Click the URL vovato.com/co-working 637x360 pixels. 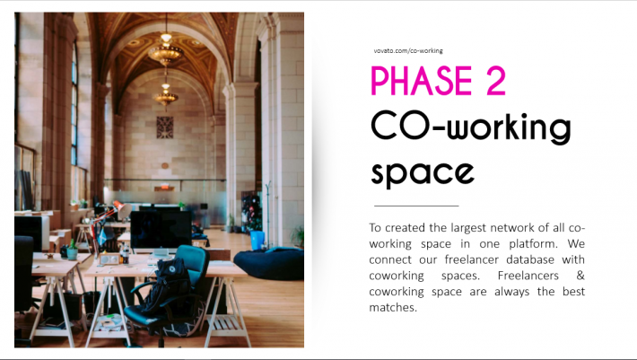(408, 51)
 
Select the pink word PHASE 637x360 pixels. (422, 81)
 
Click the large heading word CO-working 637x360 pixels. (471, 127)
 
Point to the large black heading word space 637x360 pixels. (423, 172)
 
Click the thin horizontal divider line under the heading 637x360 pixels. (416, 206)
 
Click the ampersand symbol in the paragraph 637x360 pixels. (580, 276)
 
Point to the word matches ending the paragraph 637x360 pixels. (393, 307)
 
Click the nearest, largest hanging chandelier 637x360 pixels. (166, 51)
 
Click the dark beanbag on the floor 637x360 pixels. (269, 263)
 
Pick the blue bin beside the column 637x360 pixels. (257, 240)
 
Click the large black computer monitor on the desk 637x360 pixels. (161, 229)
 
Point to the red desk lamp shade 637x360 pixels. (122, 209)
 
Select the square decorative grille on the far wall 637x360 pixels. (165, 127)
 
